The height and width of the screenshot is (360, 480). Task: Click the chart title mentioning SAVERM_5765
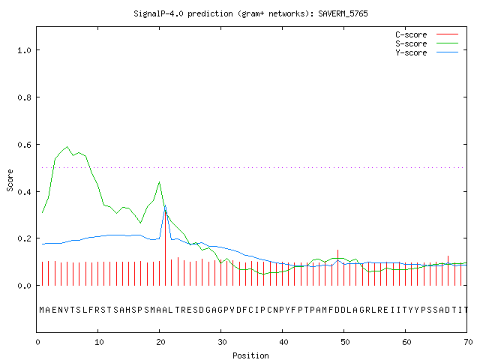(250, 13)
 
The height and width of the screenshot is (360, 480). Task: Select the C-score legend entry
(427, 34)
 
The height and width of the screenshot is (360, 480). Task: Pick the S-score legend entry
(427, 43)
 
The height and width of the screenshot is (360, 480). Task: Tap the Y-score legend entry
(427, 52)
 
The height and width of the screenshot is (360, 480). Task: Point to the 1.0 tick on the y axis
(24, 50)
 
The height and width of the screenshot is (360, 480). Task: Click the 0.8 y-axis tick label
(24, 97)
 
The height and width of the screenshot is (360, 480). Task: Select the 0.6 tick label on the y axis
(24, 145)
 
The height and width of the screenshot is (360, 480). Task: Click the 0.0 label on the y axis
(24, 286)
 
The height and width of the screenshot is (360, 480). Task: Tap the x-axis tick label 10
(99, 342)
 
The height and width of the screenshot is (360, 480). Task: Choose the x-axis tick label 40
(283, 342)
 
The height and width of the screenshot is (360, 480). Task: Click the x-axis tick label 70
(468, 342)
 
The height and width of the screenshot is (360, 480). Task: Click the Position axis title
(250, 355)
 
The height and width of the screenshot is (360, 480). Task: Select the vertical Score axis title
(10, 181)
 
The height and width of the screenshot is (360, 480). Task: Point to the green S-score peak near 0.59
(67, 147)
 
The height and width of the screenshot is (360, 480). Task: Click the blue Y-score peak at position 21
(165, 206)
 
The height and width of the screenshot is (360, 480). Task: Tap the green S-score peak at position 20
(159, 182)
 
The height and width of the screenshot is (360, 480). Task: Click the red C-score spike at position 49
(337, 268)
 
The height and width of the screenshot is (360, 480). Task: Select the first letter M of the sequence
(42, 310)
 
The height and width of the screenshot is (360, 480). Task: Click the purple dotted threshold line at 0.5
(253, 167)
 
